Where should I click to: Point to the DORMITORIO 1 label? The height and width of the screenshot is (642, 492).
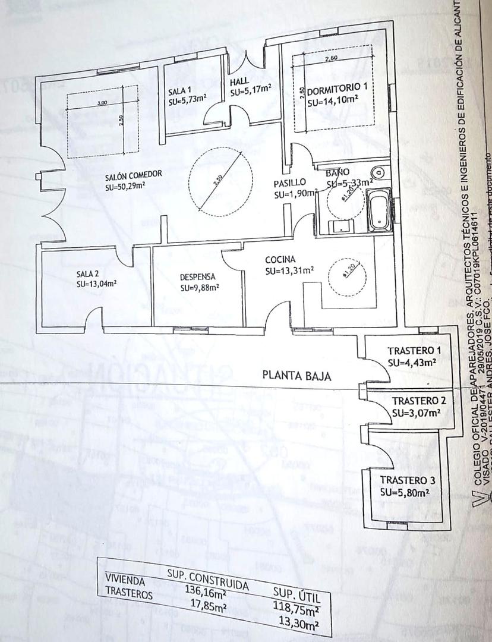pos(338,87)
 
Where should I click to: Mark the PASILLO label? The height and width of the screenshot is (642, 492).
pos(290,182)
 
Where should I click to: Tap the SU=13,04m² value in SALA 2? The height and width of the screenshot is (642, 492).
pos(96,284)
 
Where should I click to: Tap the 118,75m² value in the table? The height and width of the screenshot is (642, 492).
pos(296,608)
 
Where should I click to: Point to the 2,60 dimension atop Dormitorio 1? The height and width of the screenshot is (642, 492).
pos(332,58)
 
